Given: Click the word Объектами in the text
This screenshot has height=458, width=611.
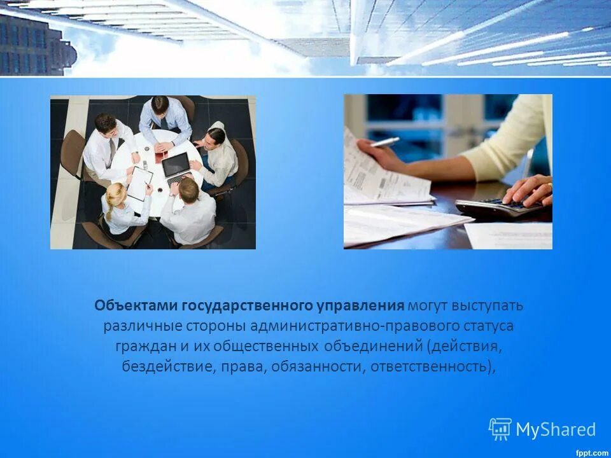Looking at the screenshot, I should (136, 305).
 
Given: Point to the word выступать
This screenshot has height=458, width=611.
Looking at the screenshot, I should (488, 305).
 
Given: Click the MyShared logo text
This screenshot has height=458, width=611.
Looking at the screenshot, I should (556, 429).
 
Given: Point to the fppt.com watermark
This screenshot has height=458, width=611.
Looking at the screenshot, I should (591, 452).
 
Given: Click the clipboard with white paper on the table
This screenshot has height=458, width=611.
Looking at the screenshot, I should (139, 183).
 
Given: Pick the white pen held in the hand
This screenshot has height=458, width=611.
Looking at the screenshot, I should (385, 142).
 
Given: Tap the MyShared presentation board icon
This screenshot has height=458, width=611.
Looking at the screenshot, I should (500, 429).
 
